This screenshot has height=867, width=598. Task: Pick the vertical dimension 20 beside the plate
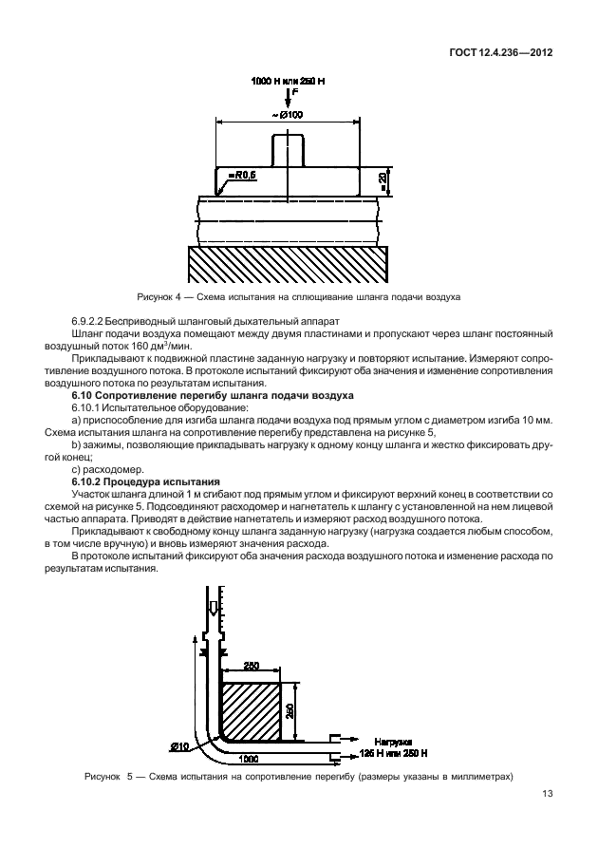382,178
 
